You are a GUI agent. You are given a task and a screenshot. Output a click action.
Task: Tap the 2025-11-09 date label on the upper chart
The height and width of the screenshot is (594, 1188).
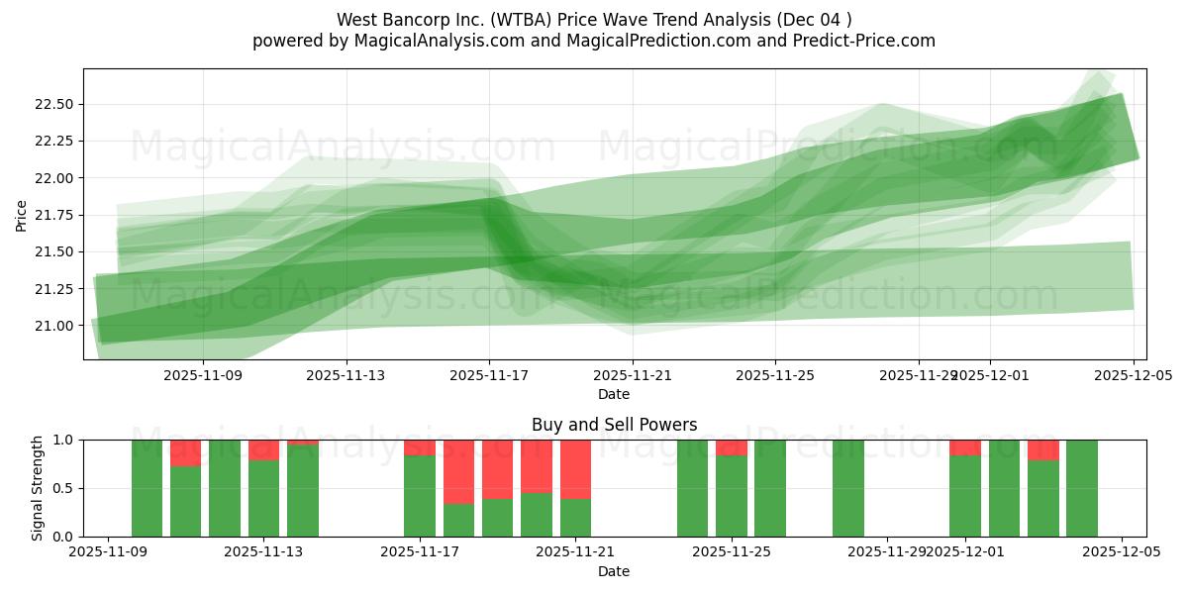tap(203, 375)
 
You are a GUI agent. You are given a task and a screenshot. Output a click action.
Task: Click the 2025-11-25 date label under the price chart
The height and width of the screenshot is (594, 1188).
tap(775, 375)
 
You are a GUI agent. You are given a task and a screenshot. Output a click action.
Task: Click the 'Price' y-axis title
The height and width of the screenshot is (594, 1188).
tap(22, 214)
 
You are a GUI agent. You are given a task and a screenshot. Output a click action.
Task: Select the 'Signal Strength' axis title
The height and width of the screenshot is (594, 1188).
tap(37, 488)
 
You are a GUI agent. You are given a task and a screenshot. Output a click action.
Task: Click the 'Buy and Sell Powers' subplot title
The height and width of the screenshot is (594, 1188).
tap(614, 425)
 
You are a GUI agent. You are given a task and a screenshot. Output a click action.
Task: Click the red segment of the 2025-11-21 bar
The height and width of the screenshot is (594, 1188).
tap(575, 469)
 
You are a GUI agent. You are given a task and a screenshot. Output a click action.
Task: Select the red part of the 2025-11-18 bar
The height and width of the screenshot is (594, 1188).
tap(458, 472)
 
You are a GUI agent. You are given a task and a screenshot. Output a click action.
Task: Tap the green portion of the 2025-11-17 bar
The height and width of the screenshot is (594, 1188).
tap(420, 496)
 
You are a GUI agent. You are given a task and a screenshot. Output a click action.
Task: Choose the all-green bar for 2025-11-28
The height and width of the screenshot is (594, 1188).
tap(848, 488)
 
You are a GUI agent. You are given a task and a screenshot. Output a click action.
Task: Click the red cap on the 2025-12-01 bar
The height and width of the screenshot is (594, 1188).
tap(965, 447)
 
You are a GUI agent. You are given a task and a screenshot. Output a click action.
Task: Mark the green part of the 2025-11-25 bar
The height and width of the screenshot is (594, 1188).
tap(732, 496)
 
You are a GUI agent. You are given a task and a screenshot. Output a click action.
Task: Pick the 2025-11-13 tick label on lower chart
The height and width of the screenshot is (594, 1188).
tap(264, 552)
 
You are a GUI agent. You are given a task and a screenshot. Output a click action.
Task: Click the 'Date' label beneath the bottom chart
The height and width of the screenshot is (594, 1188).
tap(614, 571)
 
